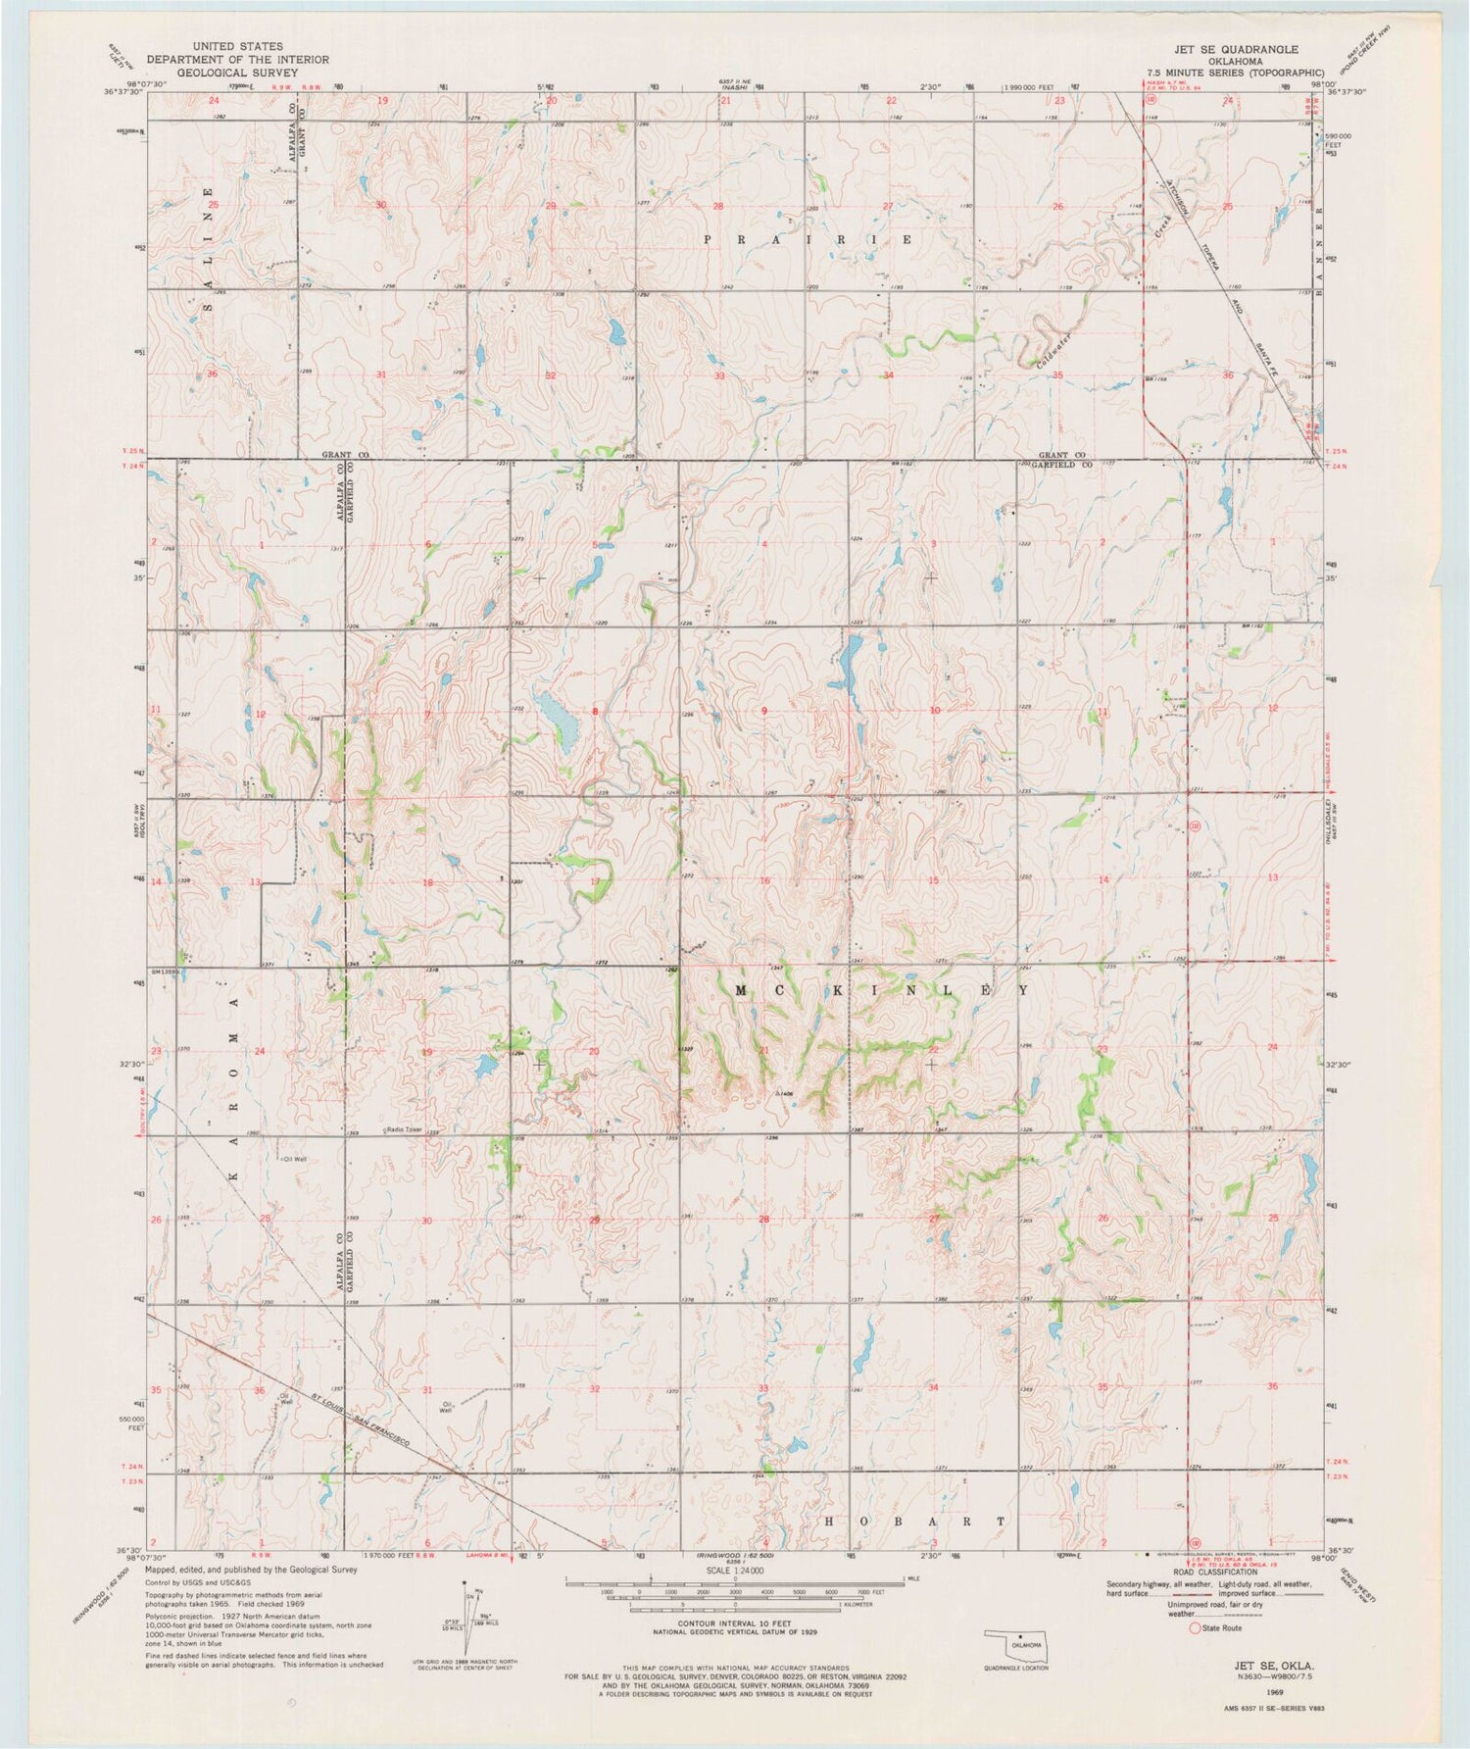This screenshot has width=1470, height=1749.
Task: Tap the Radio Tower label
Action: [403, 1128]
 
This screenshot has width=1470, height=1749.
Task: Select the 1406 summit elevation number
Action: [783, 1093]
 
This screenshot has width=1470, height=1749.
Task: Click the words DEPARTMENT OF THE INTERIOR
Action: [238, 60]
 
